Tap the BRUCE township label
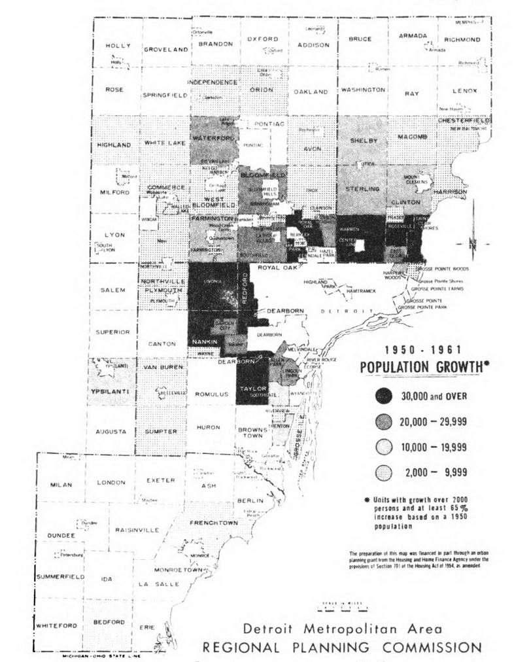pyautogui.click(x=360, y=39)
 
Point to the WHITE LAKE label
pyautogui.click(x=165, y=143)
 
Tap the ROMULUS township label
pyautogui.click(x=211, y=394)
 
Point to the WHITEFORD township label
pyautogui.click(x=57, y=625)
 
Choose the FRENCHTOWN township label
pyautogui.click(x=213, y=523)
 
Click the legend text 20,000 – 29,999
pyautogui.click(x=433, y=421)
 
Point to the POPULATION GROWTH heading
pyautogui.click(x=425, y=368)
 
